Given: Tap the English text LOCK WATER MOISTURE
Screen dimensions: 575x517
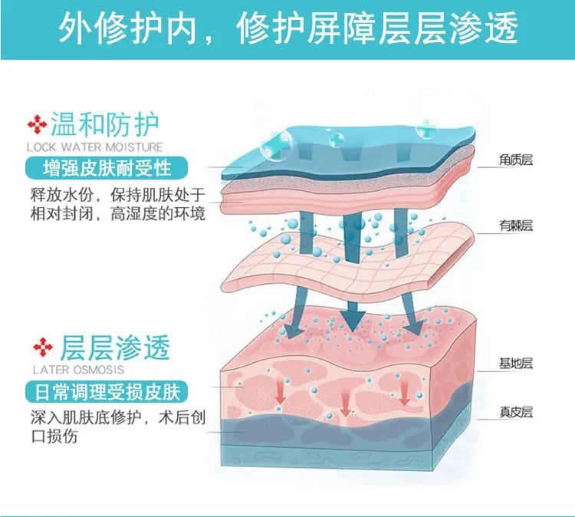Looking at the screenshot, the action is tap(94, 147).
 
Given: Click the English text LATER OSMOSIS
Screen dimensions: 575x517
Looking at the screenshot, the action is tap(73, 370).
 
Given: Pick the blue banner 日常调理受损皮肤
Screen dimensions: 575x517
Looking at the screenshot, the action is tap(107, 393).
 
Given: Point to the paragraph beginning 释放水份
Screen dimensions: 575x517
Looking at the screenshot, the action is tap(116, 203).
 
